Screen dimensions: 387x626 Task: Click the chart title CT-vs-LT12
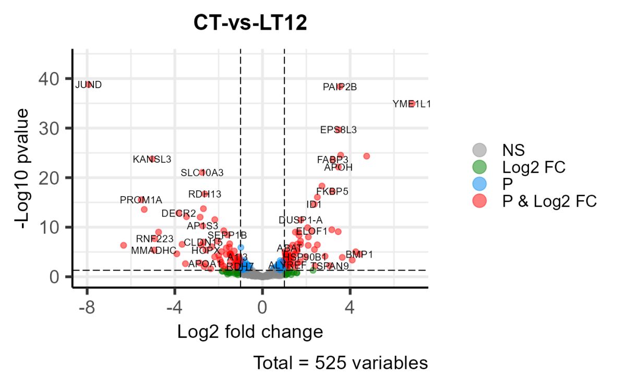(250, 23)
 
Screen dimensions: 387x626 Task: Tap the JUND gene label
(88, 84)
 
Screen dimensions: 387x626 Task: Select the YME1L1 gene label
(412, 104)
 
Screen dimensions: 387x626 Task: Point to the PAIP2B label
(340, 87)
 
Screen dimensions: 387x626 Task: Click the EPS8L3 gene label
(339, 130)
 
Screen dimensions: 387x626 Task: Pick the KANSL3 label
(152, 159)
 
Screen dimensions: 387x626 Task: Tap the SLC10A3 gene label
(202, 173)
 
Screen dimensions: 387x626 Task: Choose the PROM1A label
(141, 200)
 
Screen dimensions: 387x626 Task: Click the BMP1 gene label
(359, 255)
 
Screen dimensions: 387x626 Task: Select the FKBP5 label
(332, 191)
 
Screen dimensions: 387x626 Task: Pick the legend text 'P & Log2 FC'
(549, 201)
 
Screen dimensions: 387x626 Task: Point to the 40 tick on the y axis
(49, 79)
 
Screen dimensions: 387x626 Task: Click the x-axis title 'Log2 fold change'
(250, 332)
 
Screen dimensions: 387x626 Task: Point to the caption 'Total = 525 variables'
(341, 363)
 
